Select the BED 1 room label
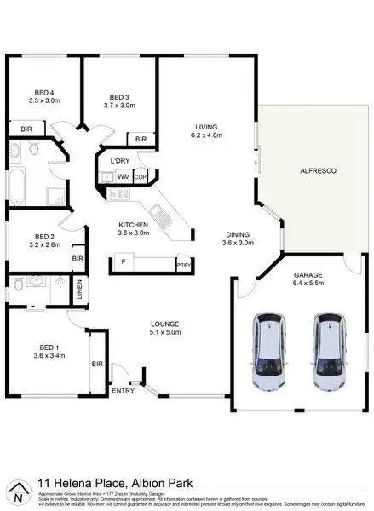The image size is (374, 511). [50, 347]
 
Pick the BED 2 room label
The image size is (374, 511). [44, 237]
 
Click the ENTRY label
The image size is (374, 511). [124, 391]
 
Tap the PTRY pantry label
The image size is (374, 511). [182, 265]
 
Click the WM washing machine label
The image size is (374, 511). [124, 177]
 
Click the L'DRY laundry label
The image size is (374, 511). [119, 160]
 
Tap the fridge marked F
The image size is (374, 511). [124, 261]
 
